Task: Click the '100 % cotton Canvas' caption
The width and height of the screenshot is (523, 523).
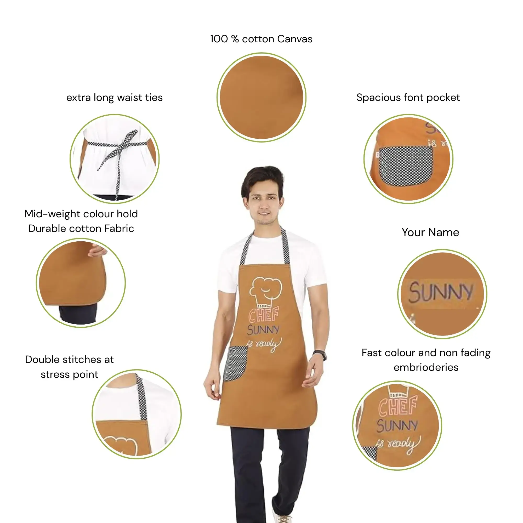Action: point(261,39)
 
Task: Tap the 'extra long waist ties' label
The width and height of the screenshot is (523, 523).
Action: point(115,98)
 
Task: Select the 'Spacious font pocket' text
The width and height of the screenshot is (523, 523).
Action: point(408,98)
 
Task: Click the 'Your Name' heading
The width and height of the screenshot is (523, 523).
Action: point(430,232)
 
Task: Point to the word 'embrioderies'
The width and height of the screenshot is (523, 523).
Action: point(426,367)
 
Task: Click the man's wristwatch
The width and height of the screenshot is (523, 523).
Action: point(320,355)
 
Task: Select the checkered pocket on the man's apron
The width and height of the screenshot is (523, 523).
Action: point(235,363)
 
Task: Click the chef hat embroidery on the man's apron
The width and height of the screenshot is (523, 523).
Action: point(266,292)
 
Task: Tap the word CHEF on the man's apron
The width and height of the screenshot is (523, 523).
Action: point(264,315)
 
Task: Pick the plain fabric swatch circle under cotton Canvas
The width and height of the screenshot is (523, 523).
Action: point(261,98)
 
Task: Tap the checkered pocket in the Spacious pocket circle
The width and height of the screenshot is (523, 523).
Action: point(406,166)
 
